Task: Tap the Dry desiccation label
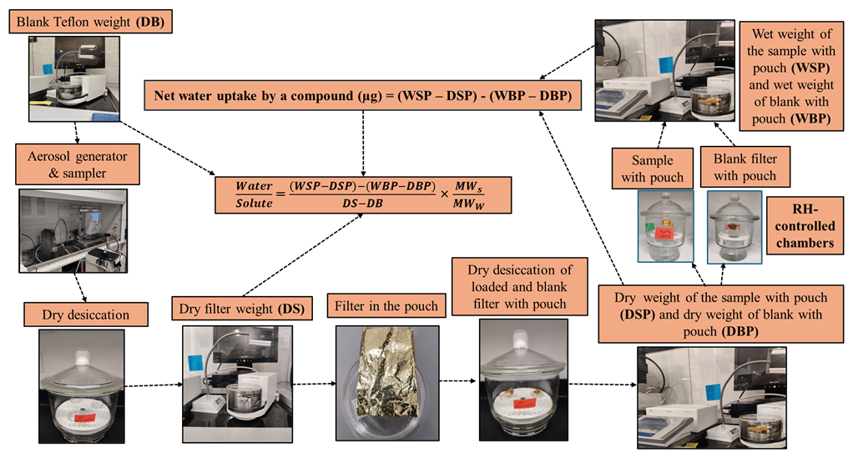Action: pyautogui.click(x=82, y=315)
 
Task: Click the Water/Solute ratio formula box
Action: pyautogui.click(x=361, y=192)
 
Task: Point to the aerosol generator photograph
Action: pyautogui.click(x=73, y=231)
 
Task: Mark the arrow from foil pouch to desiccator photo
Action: pyautogui.click(x=453, y=383)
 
